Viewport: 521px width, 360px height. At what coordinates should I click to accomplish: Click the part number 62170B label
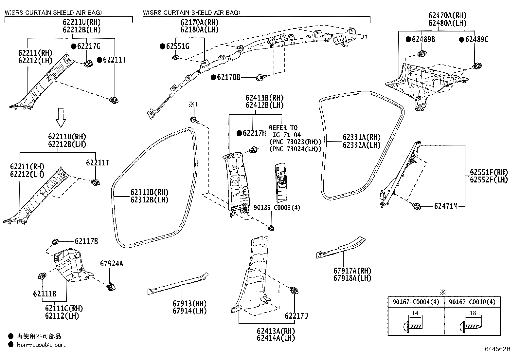coord(228,77)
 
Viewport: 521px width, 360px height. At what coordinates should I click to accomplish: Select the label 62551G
coord(178,46)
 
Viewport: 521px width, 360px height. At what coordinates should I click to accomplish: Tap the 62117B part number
coord(86,241)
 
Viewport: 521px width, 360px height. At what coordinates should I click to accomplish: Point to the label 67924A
coord(112,264)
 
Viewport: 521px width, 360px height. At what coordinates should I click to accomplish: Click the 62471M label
coord(445,206)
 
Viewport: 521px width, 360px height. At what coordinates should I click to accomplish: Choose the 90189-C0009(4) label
coord(277,208)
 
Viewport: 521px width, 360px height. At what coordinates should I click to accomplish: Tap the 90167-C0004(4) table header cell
coord(415,302)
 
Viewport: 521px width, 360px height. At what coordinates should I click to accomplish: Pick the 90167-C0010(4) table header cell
coord(472,302)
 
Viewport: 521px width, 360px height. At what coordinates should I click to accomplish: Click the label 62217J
coord(296,316)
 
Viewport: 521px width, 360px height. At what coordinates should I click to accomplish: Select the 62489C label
coord(476,40)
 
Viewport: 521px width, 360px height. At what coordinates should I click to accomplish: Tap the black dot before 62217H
coord(239,133)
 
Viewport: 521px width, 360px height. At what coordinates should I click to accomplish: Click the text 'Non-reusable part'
coord(41,345)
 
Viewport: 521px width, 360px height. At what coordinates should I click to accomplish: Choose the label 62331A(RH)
coord(362,137)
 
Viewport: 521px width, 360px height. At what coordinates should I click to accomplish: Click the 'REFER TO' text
coord(283,127)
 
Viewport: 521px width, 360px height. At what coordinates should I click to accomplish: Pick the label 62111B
coord(45,294)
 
